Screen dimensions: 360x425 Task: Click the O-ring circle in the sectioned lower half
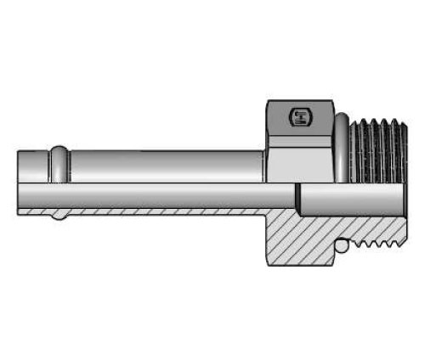341,246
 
